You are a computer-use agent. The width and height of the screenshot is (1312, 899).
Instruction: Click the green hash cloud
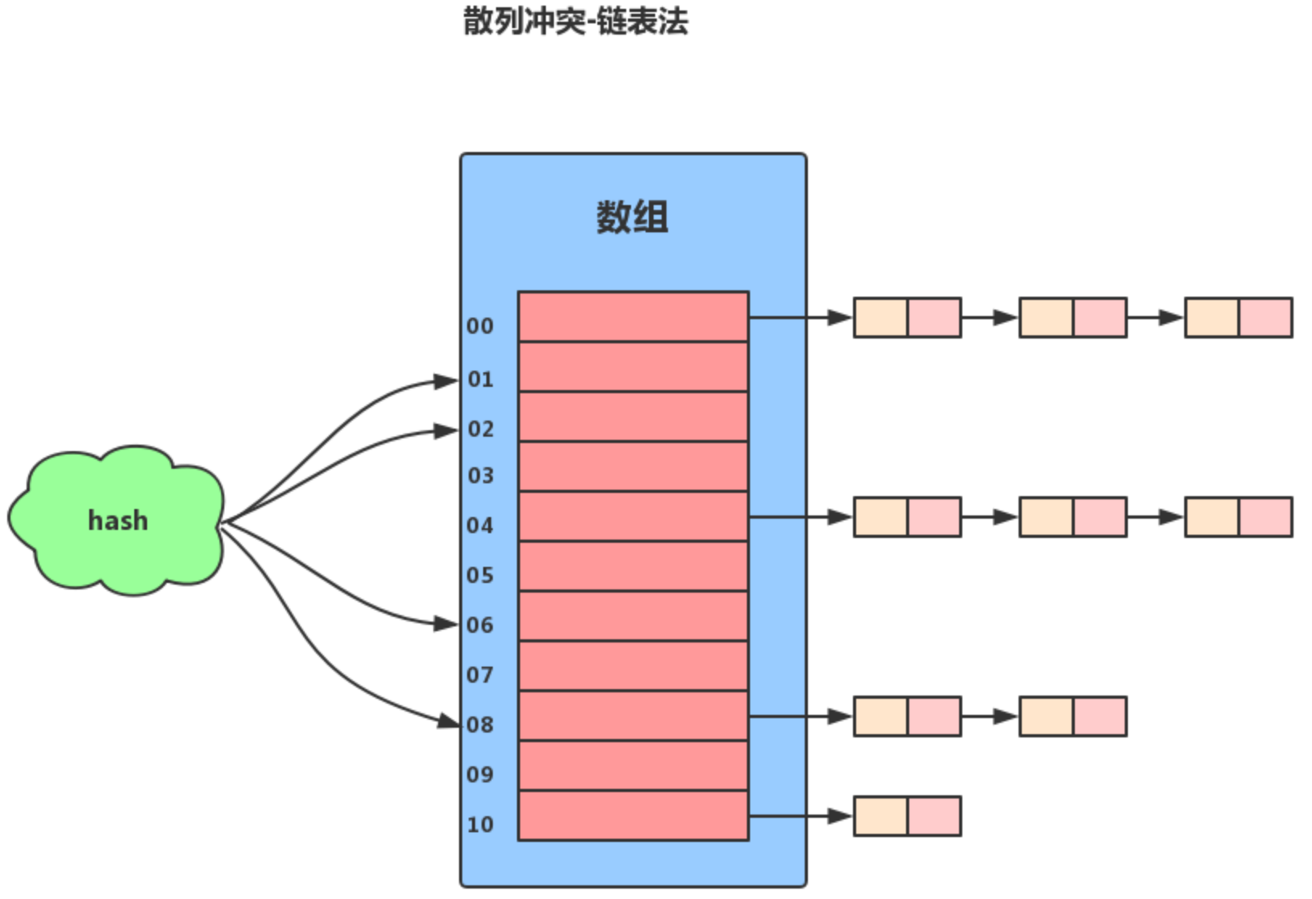[x=117, y=521]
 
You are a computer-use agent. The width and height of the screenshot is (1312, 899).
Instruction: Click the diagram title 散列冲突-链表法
[x=576, y=22]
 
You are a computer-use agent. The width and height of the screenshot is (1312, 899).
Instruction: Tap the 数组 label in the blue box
[x=632, y=217]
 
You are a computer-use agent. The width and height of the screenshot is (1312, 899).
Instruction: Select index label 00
[x=480, y=326]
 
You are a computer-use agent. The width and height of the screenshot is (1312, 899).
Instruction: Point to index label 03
[x=481, y=476]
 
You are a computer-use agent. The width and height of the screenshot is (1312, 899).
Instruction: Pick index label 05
[x=480, y=576]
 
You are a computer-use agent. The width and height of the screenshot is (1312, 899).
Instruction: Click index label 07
[x=480, y=675]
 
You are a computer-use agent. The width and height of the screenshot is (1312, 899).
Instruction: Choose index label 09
[x=480, y=775]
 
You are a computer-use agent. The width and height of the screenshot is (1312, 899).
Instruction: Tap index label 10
[x=480, y=825]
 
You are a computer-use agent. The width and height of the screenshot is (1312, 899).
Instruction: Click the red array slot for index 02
[x=633, y=417]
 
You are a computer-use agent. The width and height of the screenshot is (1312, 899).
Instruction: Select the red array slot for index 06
[x=633, y=616]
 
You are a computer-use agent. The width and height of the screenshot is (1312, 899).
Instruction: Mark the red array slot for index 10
[x=633, y=815]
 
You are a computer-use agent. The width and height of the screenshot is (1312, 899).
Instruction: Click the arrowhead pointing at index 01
[x=446, y=381]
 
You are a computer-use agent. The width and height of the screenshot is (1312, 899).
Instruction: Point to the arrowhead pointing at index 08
[x=448, y=721]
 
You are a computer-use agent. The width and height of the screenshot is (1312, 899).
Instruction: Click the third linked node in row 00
[x=1238, y=318]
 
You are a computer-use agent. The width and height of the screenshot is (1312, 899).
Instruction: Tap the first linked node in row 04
[x=907, y=517]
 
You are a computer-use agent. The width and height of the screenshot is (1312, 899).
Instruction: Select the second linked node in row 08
[x=1072, y=716]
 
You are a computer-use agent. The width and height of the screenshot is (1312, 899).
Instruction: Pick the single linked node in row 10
[x=907, y=816]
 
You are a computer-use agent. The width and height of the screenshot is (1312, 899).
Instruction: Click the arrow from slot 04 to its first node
[x=801, y=517]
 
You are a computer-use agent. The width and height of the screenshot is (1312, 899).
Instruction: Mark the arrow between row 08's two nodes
[x=990, y=716]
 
